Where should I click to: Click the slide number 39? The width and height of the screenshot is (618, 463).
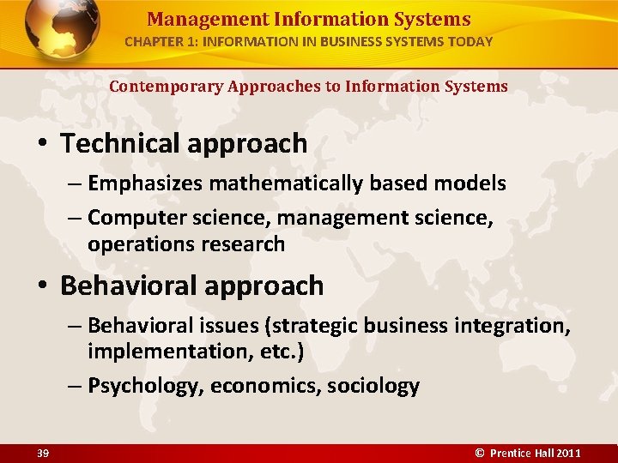click(x=42, y=452)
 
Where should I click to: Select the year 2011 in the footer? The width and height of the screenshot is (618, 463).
click(x=567, y=452)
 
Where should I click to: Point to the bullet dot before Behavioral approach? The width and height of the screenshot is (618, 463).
click(x=44, y=286)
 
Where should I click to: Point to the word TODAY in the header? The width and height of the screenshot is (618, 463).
click(x=471, y=41)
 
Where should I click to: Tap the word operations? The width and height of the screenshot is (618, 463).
click(x=141, y=244)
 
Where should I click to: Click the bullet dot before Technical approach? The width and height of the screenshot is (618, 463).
click(x=44, y=143)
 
